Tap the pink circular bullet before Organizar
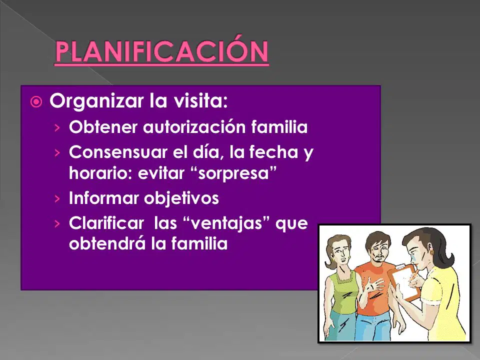pos(36,101)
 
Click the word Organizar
pos(96,101)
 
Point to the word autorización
pos(194,126)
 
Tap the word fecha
pos(273,151)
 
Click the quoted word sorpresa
pos(233,173)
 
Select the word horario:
pos(100,172)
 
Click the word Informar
pos(103,198)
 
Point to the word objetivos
pos(181,198)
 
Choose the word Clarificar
pos(106,223)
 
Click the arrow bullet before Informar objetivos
pos(57,198)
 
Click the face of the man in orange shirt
pos(378,249)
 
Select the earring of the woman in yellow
pos(432,253)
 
